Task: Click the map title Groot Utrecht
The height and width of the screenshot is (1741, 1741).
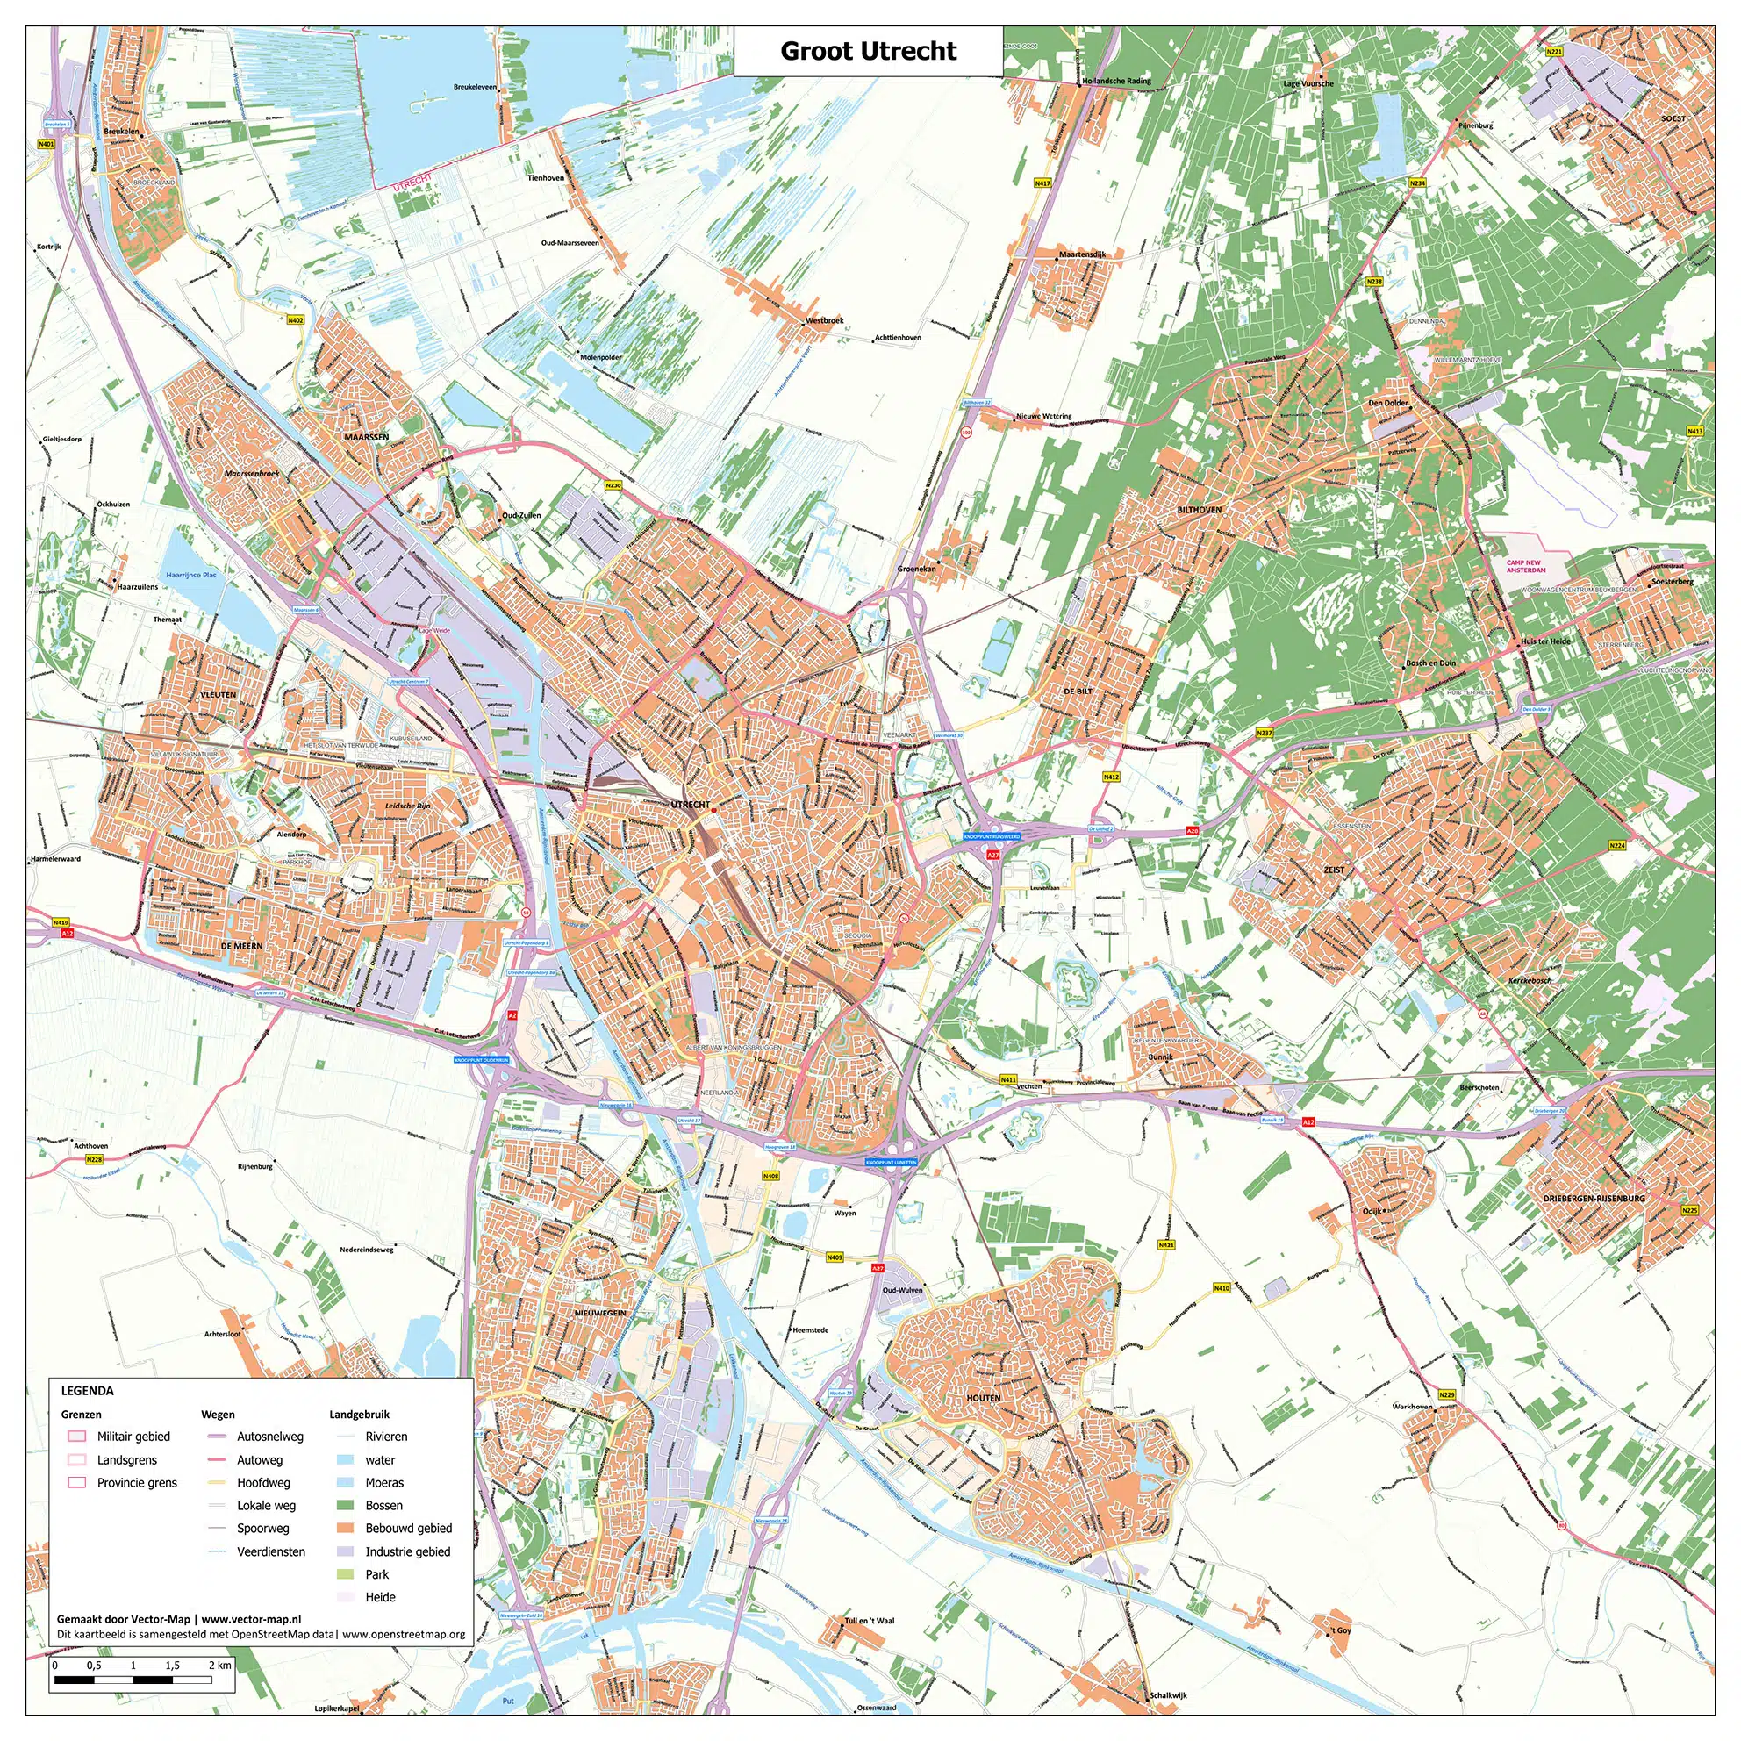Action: coord(868,52)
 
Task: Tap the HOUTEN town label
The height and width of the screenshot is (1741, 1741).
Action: coord(983,1398)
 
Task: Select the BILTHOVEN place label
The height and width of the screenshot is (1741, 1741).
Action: coord(1200,510)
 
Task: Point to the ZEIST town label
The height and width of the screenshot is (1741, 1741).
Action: coord(1334,870)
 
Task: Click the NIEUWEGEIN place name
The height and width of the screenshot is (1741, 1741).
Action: coord(600,1314)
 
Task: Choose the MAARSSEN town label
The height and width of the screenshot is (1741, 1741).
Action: coord(366,437)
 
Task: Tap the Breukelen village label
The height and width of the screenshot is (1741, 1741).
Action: coord(122,132)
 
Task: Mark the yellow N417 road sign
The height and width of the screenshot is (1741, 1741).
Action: coord(1042,183)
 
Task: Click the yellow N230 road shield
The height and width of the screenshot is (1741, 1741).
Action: coord(613,486)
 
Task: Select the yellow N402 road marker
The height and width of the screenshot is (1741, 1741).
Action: coord(296,320)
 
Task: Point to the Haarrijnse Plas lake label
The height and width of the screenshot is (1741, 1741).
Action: coord(191,574)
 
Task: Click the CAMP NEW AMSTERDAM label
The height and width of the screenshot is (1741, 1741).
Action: coord(1526,566)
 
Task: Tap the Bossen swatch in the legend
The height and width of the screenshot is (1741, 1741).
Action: coord(347,1506)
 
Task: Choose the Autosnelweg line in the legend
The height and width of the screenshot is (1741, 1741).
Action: coord(217,1437)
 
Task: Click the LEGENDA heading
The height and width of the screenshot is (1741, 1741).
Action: coord(88,1391)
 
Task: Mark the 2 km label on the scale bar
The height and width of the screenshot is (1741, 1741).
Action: coord(220,1666)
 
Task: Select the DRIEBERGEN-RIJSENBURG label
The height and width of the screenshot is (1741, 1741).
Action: coord(1594,1199)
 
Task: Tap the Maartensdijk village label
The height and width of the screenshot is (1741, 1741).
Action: coord(1082,255)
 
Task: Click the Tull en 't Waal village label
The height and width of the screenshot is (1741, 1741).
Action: coord(870,1621)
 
